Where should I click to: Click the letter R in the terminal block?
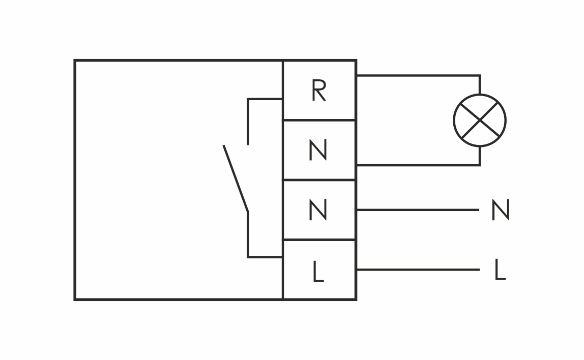tap(318, 91)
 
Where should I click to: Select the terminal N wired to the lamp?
tap(318, 151)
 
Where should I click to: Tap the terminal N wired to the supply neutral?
tap(318, 210)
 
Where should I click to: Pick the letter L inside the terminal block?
tap(318, 272)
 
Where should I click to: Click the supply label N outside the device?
tap(500, 210)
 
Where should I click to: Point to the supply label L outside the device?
tap(500, 270)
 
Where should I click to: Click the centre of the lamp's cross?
tap(480, 121)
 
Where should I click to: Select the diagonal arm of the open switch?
tap(236, 178)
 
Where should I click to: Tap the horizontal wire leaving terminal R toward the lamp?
tap(417, 76)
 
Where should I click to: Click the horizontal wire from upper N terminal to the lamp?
tap(417, 165)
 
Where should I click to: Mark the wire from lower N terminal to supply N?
tap(417, 209)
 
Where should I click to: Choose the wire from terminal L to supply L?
tap(417, 269)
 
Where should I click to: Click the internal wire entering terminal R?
tap(265, 99)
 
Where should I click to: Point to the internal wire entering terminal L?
tap(265, 257)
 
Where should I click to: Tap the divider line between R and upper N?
tap(319, 120)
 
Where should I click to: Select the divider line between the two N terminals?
tap(319, 180)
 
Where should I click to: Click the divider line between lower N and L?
tap(319, 239)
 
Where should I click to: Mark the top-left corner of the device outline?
tap(75, 61)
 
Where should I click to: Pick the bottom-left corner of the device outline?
tap(75, 299)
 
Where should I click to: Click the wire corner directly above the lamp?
tap(480, 76)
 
